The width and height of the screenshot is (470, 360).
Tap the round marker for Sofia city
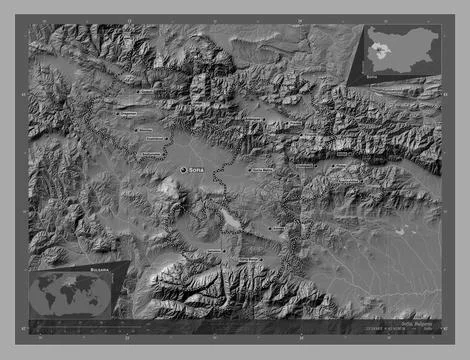click(183, 170)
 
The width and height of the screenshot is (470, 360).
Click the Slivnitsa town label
click(146, 130)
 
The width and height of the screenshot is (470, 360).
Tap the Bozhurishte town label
click(153, 152)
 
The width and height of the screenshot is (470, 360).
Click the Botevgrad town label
click(255, 119)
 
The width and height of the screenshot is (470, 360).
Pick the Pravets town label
click(291, 125)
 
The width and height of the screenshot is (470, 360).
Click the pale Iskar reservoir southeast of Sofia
click(231, 218)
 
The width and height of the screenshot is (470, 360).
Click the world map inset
click(71, 294)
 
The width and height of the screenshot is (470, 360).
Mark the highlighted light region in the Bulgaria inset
click(379, 50)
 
